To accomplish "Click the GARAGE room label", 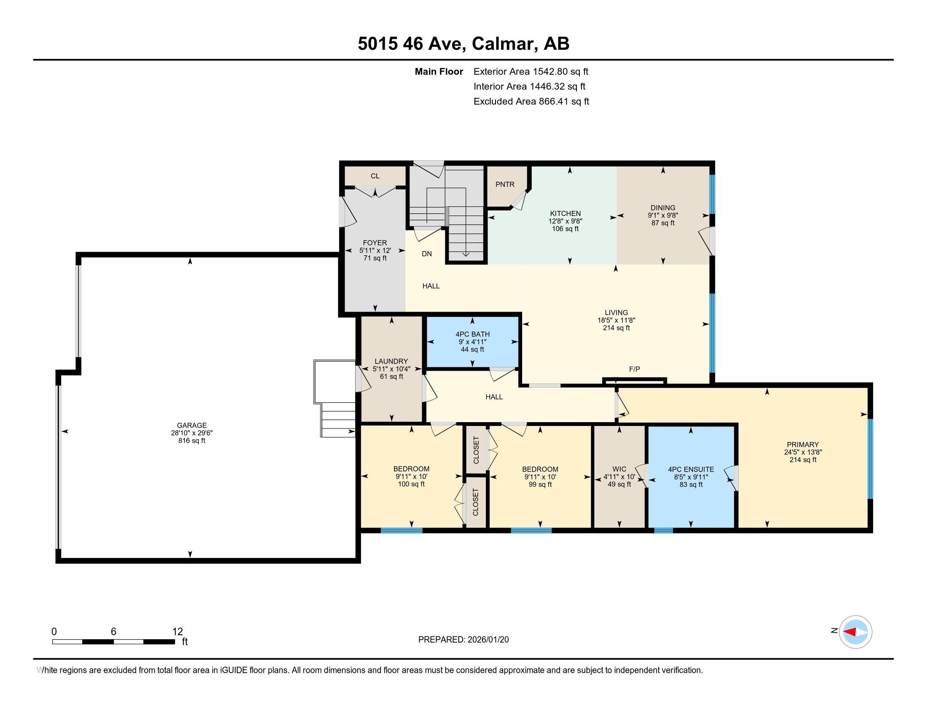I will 192,425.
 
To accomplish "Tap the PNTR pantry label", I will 505,184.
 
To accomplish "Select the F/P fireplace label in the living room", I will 634,369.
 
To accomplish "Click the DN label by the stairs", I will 426,253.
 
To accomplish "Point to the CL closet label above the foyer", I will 375,176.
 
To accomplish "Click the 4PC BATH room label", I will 472,334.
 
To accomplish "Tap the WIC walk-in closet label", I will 619,469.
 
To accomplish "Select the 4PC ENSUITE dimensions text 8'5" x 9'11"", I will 691,477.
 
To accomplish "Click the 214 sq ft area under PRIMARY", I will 803,460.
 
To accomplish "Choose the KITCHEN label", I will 565,213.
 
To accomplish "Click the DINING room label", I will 662,208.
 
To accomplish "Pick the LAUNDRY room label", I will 391,361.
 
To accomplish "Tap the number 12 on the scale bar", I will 177,631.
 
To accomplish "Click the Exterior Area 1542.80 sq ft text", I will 530,71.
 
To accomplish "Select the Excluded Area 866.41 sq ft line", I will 531,101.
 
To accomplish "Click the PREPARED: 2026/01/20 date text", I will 463,640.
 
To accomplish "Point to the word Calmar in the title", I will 503,43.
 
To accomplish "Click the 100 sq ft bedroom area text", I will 411,484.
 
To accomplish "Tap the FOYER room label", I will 374,243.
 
